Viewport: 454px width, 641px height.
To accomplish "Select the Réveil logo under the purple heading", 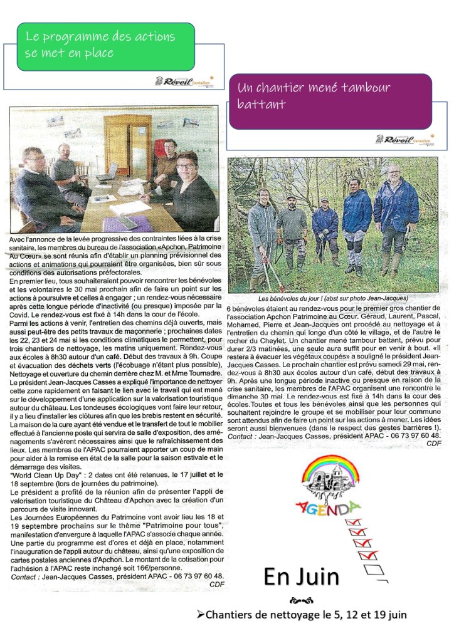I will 401,139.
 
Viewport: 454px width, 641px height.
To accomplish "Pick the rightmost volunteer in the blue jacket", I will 395,213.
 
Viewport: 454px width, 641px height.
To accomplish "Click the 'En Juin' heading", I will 301,576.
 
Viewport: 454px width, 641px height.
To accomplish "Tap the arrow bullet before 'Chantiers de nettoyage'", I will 201,615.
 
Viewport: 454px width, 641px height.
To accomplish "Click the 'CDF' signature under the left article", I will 217,585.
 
